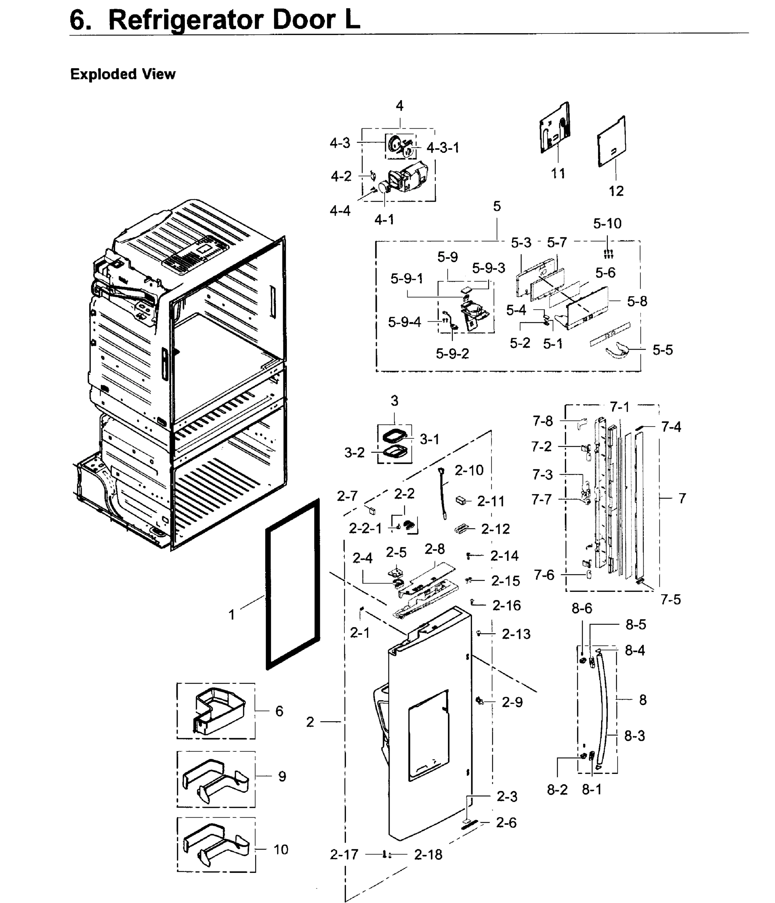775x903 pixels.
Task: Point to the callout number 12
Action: click(x=616, y=191)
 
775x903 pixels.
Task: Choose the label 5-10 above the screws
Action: click(x=607, y=223)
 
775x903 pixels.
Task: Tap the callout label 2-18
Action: click(x=428, y=854)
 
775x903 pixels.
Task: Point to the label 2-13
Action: click(x=516, y=634)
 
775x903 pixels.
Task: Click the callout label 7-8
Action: click(x=542, y=421)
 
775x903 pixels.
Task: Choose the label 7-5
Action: click(x=670, y=600)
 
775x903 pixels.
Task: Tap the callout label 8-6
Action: click(x=582, y=608)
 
